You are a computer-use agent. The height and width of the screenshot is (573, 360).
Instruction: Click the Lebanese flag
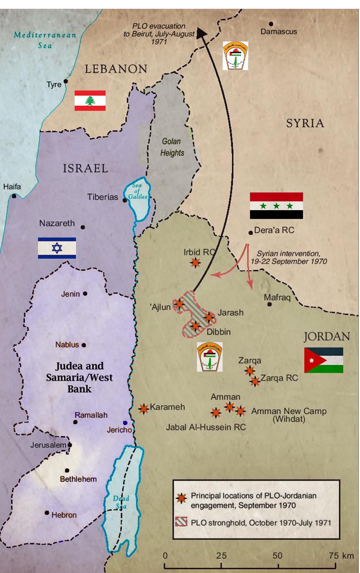[90, 100]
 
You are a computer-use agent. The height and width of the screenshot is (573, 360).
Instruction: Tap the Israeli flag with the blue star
[57, 248]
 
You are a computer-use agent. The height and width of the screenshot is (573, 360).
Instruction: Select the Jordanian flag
[323, 360]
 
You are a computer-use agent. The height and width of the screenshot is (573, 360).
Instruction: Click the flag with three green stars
[276, 206]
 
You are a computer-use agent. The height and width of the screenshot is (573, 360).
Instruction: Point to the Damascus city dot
[271, 24]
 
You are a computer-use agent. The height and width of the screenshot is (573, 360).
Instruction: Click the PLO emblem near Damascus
[235, 56]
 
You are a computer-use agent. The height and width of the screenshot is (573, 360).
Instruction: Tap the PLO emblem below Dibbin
[210, 356]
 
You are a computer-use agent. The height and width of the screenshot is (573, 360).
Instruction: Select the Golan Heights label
[172, 147]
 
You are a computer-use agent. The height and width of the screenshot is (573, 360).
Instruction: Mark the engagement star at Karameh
[144, 408]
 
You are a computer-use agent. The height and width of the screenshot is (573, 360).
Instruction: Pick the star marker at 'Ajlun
[179, 304]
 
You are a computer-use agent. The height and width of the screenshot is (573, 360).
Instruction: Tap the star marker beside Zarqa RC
[255, 381]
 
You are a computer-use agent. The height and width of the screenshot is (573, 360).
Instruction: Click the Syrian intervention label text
[292, 258]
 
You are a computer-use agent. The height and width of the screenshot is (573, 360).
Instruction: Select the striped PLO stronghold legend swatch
[181, 523]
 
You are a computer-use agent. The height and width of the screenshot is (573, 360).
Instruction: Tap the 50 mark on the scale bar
[278, 556]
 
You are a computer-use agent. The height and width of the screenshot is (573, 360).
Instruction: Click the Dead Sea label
[121, 501]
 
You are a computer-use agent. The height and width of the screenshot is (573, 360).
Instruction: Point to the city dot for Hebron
[47, 513]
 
